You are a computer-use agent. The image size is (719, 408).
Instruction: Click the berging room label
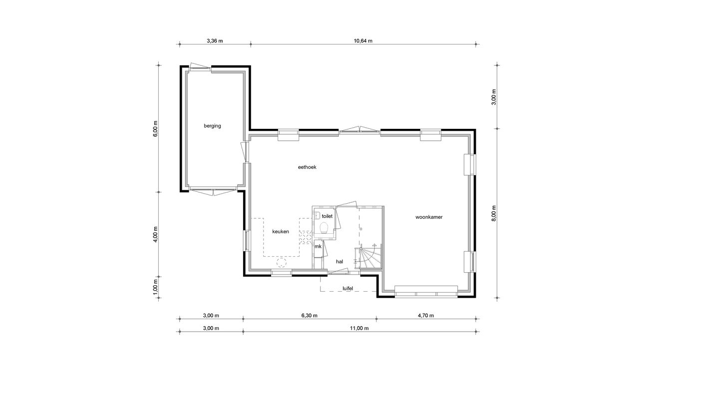pos(212,126)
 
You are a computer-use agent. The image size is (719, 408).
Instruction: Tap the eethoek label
pos(307,167)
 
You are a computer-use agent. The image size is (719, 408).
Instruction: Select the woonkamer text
pos(429,217)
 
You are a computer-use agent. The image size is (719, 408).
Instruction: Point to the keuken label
pos(281,232)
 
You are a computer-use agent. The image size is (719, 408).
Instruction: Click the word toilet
pos(327,216)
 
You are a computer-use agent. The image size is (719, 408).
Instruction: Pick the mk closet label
pos(318,246)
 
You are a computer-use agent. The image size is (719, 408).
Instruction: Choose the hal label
pos(340,262)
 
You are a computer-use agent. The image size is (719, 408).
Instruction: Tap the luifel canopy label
pos(348,288)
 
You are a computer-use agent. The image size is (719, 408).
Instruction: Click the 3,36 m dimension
pos(215,41)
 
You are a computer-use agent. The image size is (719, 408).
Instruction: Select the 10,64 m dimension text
pos(363,41)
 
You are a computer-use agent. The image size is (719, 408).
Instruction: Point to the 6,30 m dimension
pos(309,316)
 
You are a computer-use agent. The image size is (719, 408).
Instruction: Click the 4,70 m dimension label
pos(425,316)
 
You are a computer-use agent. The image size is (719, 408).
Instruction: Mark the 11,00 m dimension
pos(359,329)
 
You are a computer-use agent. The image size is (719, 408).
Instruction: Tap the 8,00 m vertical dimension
pos(494,213)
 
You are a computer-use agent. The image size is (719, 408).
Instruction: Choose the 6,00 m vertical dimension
pos(156,128)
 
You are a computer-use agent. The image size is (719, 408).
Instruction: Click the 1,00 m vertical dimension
pos(156,288)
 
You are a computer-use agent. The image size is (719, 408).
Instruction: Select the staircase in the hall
pos(370,257)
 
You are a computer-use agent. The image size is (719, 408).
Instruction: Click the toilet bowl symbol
pos(324,228)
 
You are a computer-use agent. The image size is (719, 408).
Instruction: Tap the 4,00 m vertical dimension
pos(156,234)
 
